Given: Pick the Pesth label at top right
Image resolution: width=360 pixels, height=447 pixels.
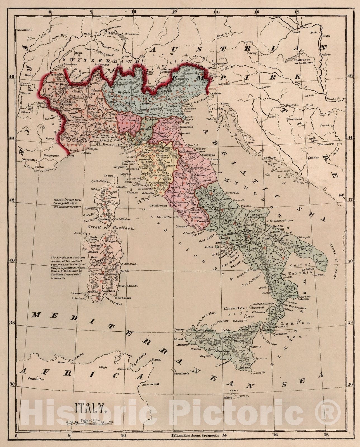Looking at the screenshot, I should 326,36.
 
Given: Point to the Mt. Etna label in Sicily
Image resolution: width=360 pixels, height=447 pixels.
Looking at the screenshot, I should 235,341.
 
